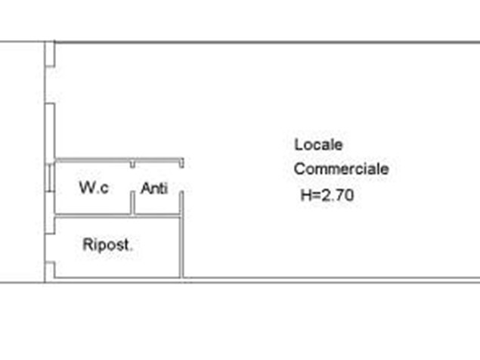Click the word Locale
(318, 144)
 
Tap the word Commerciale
(342, 169)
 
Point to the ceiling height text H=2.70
(327, 195)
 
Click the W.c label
(94, 188)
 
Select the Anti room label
(154, 188)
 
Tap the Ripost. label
(108, 244)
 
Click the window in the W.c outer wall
(50, 178)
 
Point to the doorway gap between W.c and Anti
(132, 180)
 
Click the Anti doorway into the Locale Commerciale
(181, 180)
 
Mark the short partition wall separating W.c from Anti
(132, 203)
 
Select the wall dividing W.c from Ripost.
(117, 216)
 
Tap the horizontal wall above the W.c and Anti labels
(119, 160)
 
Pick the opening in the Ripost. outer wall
(50, 247)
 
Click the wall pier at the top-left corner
(50, 54)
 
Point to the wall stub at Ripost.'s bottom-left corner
(50, 270)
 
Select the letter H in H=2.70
(305, 195)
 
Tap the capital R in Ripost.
(87, 244)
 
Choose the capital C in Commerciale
(299, 169)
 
